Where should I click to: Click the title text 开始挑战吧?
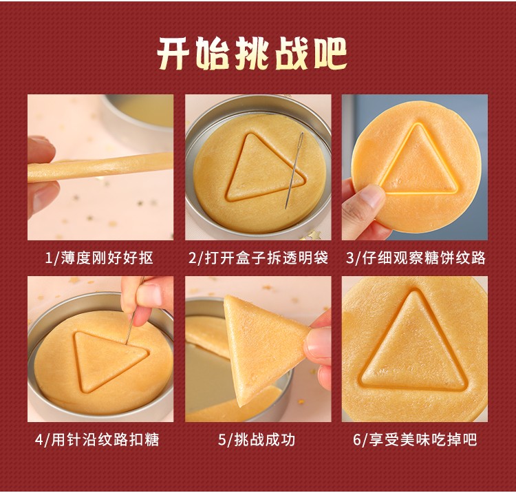coord(252,53)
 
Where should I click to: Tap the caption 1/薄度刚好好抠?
coord(99,258)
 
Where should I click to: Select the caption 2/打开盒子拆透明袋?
coord(258,258)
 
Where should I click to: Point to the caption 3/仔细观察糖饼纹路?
coord(416,258)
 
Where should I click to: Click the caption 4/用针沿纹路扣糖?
coord(97,439)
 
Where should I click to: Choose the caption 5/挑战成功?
coord(257,439)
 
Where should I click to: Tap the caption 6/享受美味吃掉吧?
coord(415,439)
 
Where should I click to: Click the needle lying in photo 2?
coord(294,170)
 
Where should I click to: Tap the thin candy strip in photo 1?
coord(100,167)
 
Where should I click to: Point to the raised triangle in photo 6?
coord(414,341)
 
